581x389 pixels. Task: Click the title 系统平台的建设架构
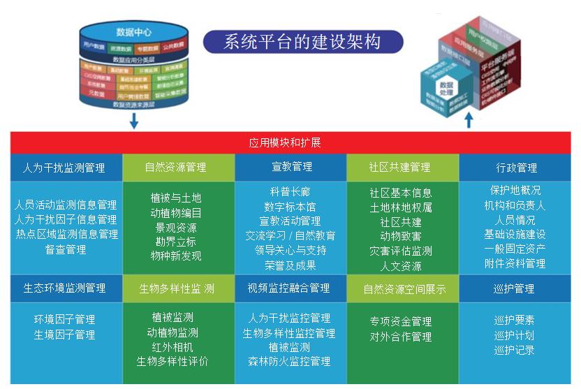pos(302,41)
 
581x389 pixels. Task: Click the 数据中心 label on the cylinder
pos(134,31)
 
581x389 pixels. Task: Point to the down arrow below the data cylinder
pos(134,121)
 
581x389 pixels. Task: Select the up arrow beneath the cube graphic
pos(469,119)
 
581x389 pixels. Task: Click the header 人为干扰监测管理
pos(64,168)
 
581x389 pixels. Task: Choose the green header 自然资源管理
pos(175,168)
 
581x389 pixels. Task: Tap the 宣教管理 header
pos(292,167)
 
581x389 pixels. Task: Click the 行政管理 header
pos(516,168)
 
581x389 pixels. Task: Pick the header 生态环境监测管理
pos(64,288)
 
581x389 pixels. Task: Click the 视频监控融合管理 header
pos(288,288)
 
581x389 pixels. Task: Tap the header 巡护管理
pos(514,288)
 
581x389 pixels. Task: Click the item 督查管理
pos(66,249)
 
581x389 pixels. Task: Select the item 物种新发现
pos(176,256)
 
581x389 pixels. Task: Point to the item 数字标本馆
pos(290,207)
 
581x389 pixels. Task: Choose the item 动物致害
pos(400,237)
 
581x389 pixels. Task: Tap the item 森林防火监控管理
pos(289,362)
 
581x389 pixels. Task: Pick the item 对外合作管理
pos(401,337)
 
